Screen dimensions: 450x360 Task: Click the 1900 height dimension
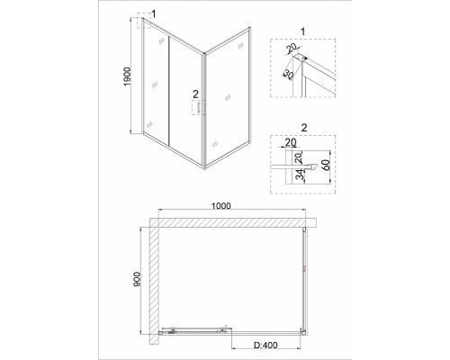[x=128, y=76]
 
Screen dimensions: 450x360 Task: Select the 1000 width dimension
[x=221, y=206]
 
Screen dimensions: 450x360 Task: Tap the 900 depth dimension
[x=137, y=279]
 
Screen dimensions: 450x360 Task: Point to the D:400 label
[x=265, y=346]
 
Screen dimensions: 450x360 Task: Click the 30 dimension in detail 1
[x=288, y=75]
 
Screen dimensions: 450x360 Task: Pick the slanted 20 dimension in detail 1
[x=291, y=48]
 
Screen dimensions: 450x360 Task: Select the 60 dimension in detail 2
[x=326, y=165]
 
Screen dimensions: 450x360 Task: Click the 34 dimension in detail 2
[x=301, y=175]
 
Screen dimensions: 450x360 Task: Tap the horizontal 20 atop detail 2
[x=291, y=142]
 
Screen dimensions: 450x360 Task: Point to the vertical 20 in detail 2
[x=299, y=157]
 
